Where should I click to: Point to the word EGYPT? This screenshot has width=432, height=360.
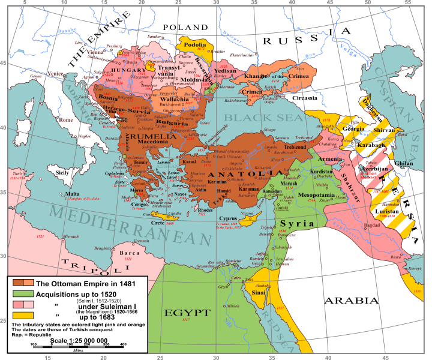click(x=188, y=313)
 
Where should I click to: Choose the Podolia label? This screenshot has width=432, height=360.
click(x=194, y=44)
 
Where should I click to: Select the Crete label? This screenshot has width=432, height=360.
click(x=158, y=223)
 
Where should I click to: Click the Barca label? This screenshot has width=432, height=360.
click(x=130, y=253)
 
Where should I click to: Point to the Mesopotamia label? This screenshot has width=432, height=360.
click(x=320, y=194)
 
